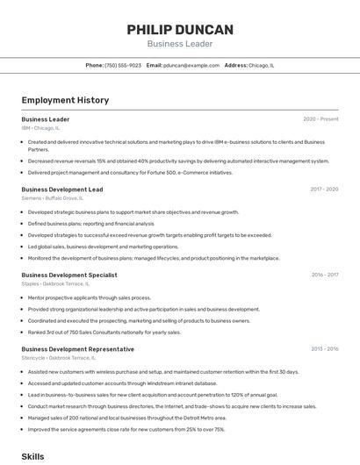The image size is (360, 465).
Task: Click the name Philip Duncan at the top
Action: (180, 30)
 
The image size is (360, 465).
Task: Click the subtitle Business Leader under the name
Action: (180, 44)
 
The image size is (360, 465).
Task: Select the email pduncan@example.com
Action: (191, 66)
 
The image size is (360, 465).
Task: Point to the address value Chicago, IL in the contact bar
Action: (262, 66)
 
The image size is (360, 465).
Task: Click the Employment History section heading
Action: (65, 100)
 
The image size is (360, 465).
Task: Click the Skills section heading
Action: (32, 457)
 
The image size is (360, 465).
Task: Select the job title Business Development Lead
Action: (62, 190)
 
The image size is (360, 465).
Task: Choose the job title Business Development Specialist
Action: (69, 275)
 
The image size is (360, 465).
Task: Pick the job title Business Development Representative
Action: (78, 349)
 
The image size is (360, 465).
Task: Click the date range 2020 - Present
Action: (320, 119)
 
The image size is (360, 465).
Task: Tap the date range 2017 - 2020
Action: (324, 190)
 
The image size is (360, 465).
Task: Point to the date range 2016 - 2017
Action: (324, 275)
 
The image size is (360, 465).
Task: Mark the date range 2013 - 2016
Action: (324, 349)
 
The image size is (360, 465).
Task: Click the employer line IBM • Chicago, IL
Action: (40, 128)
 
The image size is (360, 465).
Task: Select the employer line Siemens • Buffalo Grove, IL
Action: (54, 198)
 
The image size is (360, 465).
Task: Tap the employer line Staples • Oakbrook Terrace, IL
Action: (59, 283)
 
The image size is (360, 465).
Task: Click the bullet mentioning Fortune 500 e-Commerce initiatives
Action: (130, 173)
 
